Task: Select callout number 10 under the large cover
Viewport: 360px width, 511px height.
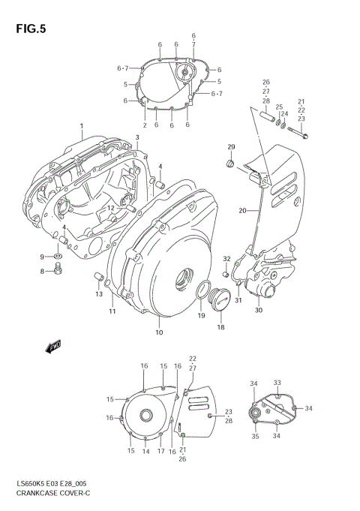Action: click(158, 332)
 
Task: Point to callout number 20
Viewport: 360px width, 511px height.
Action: click(241, 211)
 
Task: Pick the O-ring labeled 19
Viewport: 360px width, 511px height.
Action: click(202, 292)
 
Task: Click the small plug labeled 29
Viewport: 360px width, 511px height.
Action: click(231, 163)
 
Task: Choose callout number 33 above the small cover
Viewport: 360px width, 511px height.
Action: click(277, 382)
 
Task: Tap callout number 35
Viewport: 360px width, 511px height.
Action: click(254, 435)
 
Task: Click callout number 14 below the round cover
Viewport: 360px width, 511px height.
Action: click(146, 451)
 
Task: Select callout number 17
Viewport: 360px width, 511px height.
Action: click(160, 451)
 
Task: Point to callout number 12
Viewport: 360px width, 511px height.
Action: click(109, 209)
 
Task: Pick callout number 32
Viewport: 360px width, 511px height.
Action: click(226, 260)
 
